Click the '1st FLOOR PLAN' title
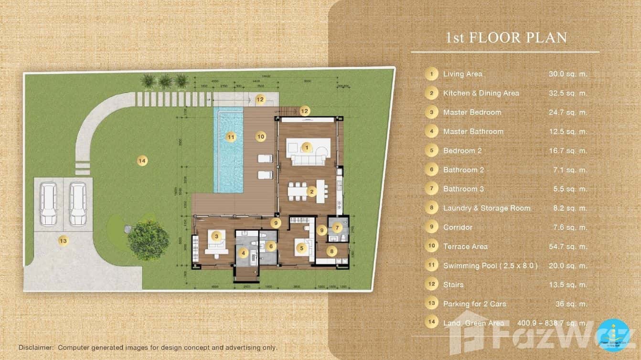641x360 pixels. pyautogui.click(x=506, y=38)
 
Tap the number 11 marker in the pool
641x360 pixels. pyautogui.click(x=231, y=137)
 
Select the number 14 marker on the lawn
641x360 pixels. pyautogui.click(x=142, y=160)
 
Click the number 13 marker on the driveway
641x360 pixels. pyautogui.click(x=63, y=241)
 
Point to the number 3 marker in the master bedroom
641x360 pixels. pyautogui.click(x=216, y=236)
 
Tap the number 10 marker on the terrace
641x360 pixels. pyautogui.click(x=260, y=137)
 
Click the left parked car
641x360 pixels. pyautogui.click(x=48, y=204)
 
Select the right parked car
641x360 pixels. pyautogui.click(x=78, y=204)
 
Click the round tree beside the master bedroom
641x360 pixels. pyautogui.click(x=148, y=240)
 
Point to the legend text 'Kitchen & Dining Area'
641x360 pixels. pyautogui.click(x=481, y=93)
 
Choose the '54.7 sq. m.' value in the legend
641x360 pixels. pyautogui.click(x=568, y=246)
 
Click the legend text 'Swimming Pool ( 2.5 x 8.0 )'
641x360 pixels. pyautogui.click(x=490, y=265)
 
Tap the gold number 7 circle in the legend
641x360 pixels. pyautogui.click(x=431, y=189)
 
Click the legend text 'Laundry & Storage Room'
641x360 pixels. pyautogui.click(x=487, y=208)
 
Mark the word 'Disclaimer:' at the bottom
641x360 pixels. pyautogui.click(x=36, y=348)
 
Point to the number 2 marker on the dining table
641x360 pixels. pyautogui.click(x=312, y=192)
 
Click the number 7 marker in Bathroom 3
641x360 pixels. pyautogui.click(x=337, y=228)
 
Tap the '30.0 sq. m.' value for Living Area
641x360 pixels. pyautogui.click(x=568, y=74)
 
